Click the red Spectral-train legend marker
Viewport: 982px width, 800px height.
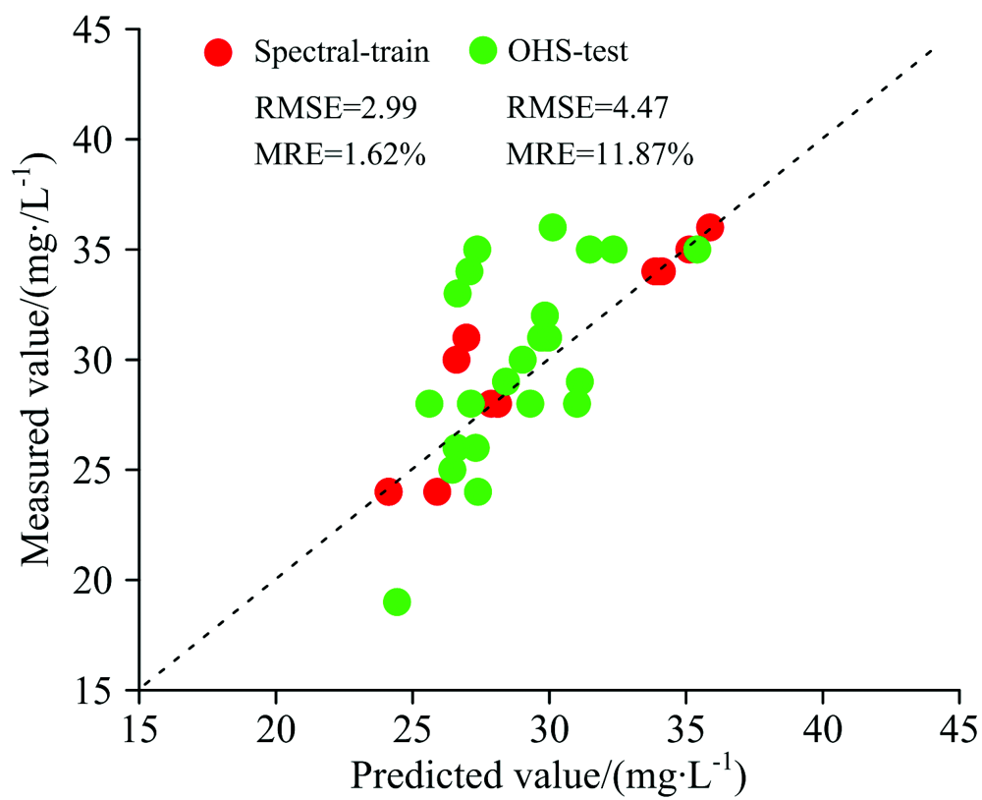click(218, 52)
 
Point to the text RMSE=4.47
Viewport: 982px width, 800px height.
click(588, 106)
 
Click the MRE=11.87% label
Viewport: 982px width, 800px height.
click(600, 154)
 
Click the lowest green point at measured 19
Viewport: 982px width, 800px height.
click(397, 601)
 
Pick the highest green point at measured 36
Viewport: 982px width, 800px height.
click(552, 227)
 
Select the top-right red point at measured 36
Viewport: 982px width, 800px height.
click(710, 227)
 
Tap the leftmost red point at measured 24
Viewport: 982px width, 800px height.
click(388, 491)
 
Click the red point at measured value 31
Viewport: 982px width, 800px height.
click(466, 337)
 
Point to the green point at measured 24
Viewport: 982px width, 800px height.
click(477, 491)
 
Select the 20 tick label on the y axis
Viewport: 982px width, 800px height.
click(94, 580)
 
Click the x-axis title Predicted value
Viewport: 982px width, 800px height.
click(547, 775)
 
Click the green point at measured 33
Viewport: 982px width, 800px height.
click(458, 293)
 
